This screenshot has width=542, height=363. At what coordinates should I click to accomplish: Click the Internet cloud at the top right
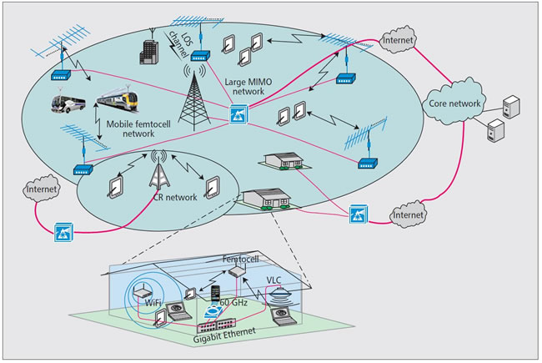[399, 39]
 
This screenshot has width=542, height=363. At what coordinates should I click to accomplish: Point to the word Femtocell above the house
[240, 262]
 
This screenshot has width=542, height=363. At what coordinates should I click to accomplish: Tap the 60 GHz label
[233, 302]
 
